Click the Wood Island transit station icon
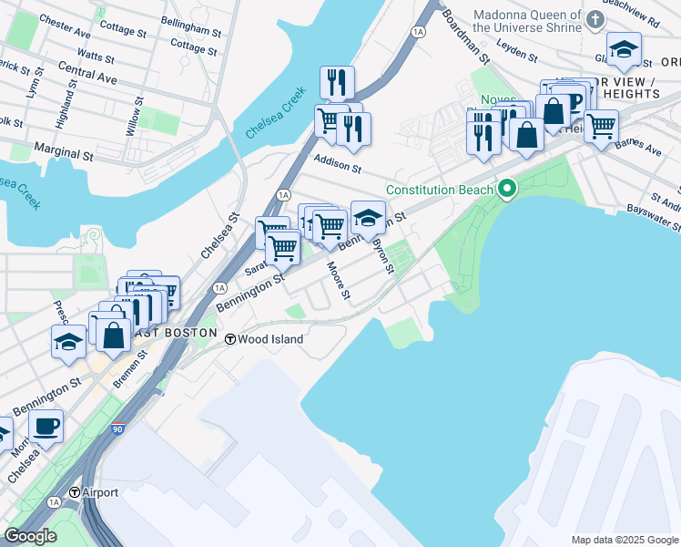point(231,338)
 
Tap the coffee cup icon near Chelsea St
point(46,424)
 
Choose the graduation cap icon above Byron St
point(368,219)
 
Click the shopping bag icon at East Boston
point(113,334)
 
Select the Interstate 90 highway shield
point(116,427)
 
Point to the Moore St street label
point(339,280)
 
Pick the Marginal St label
point(65,146)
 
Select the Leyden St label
point(516,51)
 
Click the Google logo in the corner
point(30,536)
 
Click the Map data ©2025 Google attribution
point(624,540)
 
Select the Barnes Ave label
point(638,148)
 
